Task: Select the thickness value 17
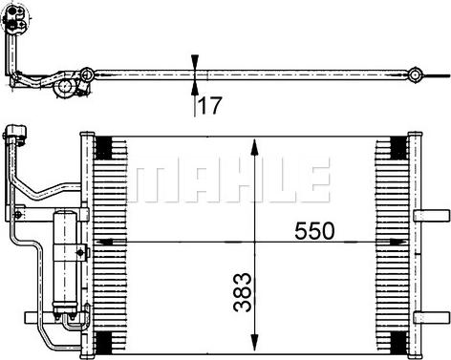point(213,105)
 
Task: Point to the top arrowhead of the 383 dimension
point(253,145)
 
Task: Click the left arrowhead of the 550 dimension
point(103,243)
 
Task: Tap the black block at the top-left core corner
point(102,149)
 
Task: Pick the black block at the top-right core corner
point(395,149)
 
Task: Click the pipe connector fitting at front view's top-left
point(14,137)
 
